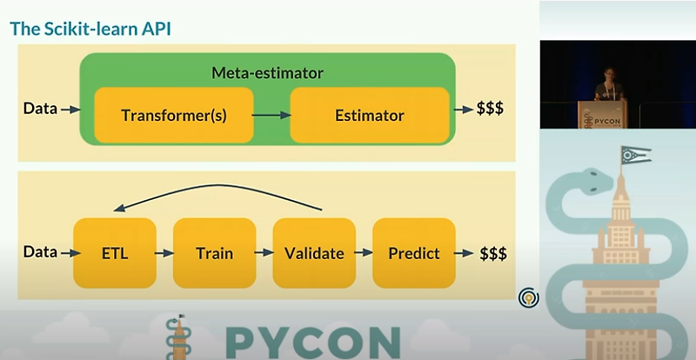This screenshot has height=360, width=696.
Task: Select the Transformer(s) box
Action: coord(173,115)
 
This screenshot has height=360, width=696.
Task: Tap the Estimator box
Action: coord(369,115)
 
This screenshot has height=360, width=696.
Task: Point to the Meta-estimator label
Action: coord(267,72)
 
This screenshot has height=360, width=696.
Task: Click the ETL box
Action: coord(115,253)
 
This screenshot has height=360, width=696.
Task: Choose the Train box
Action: coord(214,253)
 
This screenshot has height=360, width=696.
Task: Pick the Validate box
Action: coord(314,253)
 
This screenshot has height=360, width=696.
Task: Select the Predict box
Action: coord(413,253)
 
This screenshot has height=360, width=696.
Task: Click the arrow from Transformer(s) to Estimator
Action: coord(271,115)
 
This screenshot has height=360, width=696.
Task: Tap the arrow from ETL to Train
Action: coord(164,254)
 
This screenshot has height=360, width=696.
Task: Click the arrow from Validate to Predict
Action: coord(363,254)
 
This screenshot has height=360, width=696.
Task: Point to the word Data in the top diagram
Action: coord(40,109)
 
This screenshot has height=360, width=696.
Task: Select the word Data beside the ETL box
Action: coord(40,252)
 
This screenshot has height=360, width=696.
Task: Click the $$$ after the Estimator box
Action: coord(490,110)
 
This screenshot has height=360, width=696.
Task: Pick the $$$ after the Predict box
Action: coord(493,253)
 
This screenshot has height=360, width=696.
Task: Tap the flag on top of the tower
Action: coord(636,156)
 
